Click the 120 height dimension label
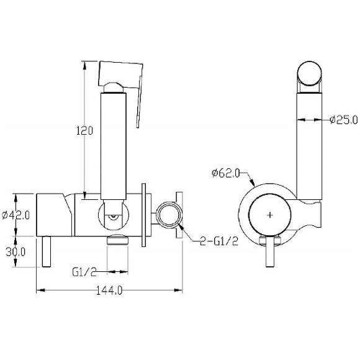click(x=84, y=130)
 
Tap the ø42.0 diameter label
click(x=16, y=215)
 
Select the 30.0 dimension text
click(x=16, y=252)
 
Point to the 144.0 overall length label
click(x=109, y=291)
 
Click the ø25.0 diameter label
click(x=344, y=120)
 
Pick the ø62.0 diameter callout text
click(x=226, y=173)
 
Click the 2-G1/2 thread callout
click(x=219, y=241)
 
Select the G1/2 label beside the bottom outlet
click(x=84, y=272)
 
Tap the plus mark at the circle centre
click(x=270, y=215)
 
